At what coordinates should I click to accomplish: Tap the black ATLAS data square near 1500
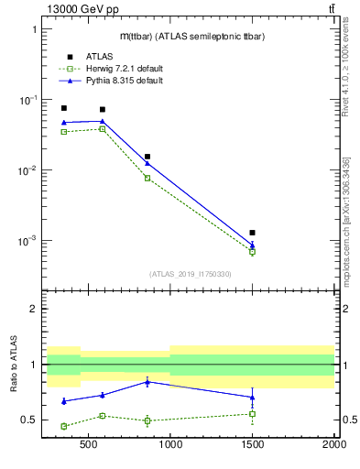pos(252,233)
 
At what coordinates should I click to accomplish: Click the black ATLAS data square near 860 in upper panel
pos(147,157)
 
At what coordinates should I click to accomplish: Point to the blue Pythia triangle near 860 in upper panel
pos(147,163)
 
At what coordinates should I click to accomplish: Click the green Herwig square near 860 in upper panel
pos(147,178)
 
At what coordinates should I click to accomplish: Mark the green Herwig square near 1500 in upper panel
pos(252,251)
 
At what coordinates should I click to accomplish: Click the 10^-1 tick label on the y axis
pos(29,100)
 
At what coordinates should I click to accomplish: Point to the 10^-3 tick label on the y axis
pos(29,241)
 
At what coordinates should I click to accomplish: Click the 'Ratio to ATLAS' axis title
pos(14,364)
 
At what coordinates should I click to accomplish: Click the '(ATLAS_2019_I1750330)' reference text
pos(191,274)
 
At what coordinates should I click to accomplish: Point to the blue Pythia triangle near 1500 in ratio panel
pos(252,397)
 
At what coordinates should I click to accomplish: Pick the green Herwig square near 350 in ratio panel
pos(64,426)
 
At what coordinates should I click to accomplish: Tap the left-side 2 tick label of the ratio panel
pos(33,309)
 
